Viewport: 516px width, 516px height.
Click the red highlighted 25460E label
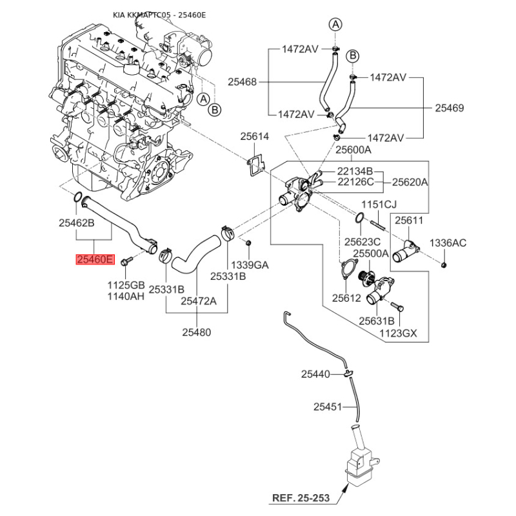[x=95, y=259]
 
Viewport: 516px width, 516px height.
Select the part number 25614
[x=254, y=136]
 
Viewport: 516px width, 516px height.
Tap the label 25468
[x=243, y=82]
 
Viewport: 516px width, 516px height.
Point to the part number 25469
[x=450, y=108]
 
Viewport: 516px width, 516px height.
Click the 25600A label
[x=353, y=150]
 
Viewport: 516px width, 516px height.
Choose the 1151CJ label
[x=379, y=204]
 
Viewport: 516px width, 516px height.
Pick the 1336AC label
[x=448, y=243]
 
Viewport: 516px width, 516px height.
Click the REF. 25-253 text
[x=301, y=498]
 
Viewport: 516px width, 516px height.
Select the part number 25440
[x=315, y=374]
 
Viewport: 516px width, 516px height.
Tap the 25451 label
[x=328, y=407]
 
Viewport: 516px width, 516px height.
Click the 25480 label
[x=197, y=332]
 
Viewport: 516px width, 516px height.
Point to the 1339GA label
[x=250, y=264]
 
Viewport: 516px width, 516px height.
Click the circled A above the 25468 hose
[x=335, y=25]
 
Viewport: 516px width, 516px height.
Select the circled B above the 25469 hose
[x=353, y=55]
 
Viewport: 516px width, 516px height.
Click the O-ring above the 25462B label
[x=77, y=197]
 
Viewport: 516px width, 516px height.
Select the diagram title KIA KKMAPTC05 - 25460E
[x=159, y=15]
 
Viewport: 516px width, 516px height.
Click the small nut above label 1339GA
[x=248, y=243]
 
